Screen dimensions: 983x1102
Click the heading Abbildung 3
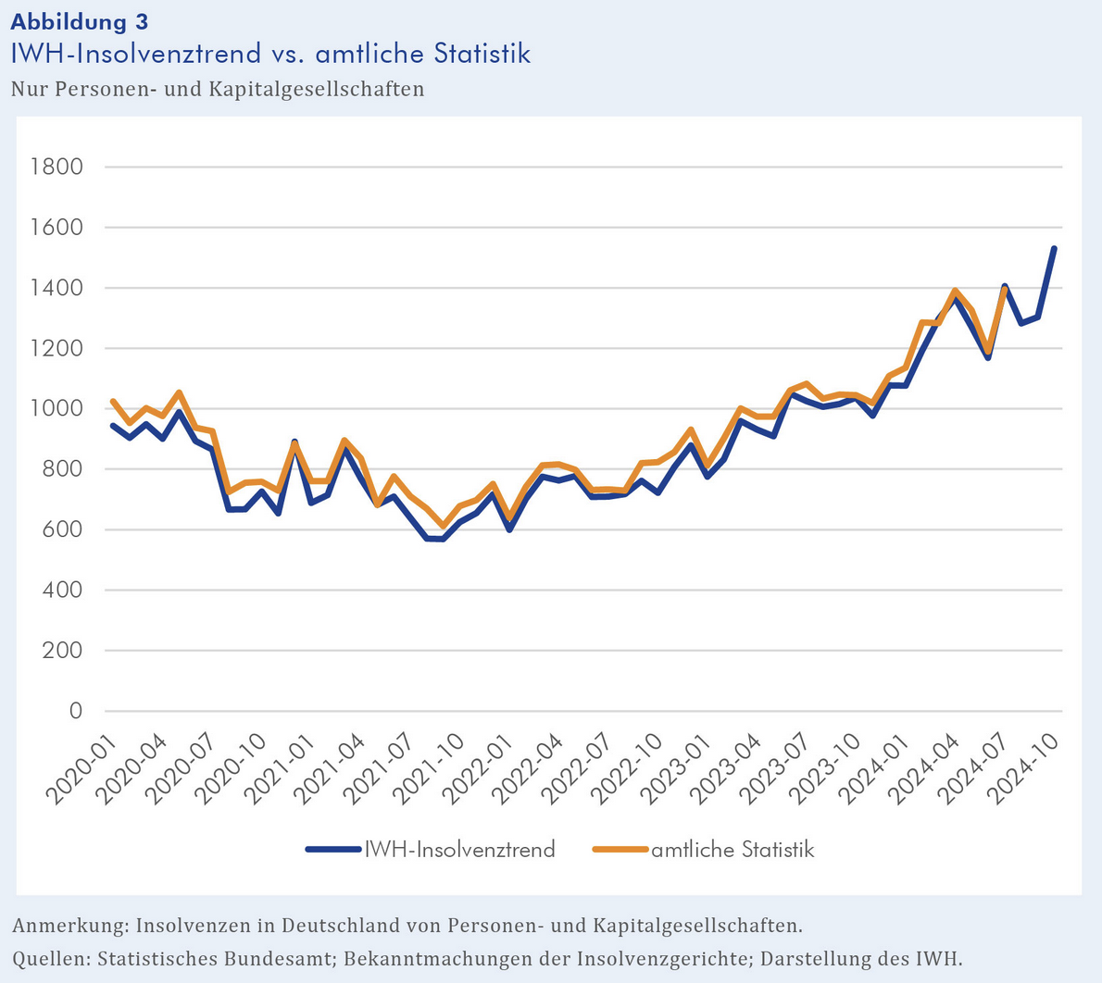pyautogui.click(x=79, y=21)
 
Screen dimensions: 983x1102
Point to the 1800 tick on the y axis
pyautogui.click(x=56, y=167)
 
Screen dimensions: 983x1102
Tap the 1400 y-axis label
pyautogui.click(x=56, y=288)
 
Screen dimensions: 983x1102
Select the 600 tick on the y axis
pyautogui.click(x=63, y=529)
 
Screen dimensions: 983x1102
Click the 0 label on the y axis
pyautogui.click(x=76, y=711)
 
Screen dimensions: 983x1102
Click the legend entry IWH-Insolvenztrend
pyautogui.click(x=459, y=850)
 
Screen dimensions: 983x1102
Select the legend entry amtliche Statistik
pyautogui.click(x=732, y=850)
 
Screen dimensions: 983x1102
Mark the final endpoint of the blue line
pyautogui.click(x=1054, y=248)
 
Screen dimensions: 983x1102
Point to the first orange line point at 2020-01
pyautogui.click(x=113, y=401)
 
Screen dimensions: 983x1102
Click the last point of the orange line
pyautogui.click(x=1005, y=289)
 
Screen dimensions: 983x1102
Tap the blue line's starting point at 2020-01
pyautogui.click(x=113, y=426)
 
